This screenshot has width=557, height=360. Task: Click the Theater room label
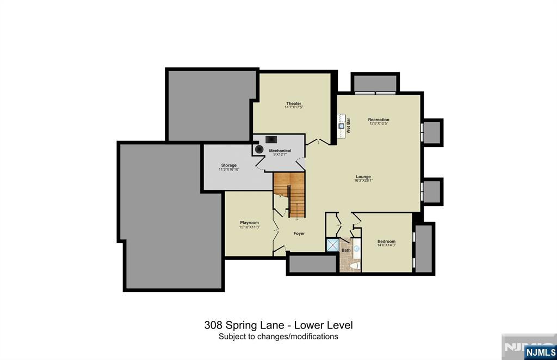pyautogui.click(x=294, y=103)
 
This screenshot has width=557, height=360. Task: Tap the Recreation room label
pyautogui.click(x=379, y=120)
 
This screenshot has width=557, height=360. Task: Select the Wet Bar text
pyautogui.click(x=349, y=126)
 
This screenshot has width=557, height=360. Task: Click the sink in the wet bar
pyautogui.click(x=342, y=126)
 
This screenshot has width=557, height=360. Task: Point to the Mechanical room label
pyautogui.click(x=280, y=151)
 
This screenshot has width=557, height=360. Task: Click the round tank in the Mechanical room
pyautogui.click(x=259, y=148)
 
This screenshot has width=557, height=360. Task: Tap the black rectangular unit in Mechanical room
pyautogui.click(x=271, y=139)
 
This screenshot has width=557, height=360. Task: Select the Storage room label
pyautogui.click(x=228, y=165)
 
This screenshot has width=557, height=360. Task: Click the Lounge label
pyautogui.click(x=363, y=177)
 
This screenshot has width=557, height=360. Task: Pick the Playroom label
pyautogui.click(x=249, y=222)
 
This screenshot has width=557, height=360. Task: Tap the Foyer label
pyautogui.click(x=299, y=233)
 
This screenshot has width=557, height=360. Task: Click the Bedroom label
pyautogui.click(x=386, y=241)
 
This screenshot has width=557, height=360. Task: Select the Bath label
pyautogui.click(x=346, y=250)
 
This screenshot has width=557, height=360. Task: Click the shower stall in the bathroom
pyautogui.click(x=332, y=245)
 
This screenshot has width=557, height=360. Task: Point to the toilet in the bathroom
pyautogui.click(x=355, y=265)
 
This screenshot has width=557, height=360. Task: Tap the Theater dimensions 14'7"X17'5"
pyautogui.click(x=294, y=108)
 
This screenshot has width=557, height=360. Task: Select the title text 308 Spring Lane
pyautogui.click(x=244, y=325)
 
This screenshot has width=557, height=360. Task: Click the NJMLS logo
pyautogui.click(x=540, y=352)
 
